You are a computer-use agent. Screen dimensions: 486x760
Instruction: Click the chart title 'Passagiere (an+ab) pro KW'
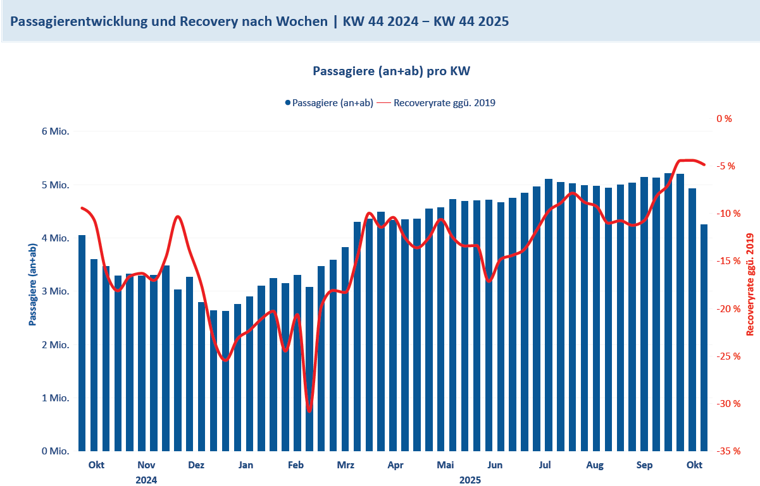coord(392,71)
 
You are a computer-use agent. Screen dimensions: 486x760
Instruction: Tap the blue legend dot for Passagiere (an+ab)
coord(287,102)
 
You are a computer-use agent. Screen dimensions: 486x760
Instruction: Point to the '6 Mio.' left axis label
coord(55,131)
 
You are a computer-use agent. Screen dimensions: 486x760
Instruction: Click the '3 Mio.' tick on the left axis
coord(55,291)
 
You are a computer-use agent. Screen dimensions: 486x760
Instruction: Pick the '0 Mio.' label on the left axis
coord(55,451)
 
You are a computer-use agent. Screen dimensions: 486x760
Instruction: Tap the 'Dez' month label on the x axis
coord(196,466)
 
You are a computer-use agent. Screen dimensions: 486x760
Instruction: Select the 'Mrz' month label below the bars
coord(346,466)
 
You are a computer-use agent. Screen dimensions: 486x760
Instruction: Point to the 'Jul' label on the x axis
coord(545,466)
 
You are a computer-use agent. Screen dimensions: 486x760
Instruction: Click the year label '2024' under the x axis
coord(146,480)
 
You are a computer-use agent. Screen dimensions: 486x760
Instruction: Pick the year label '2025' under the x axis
coord(470,480)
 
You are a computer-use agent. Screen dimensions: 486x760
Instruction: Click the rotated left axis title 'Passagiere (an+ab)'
coord(32,284)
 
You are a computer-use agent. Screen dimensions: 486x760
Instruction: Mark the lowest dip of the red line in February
coord(309,411)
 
